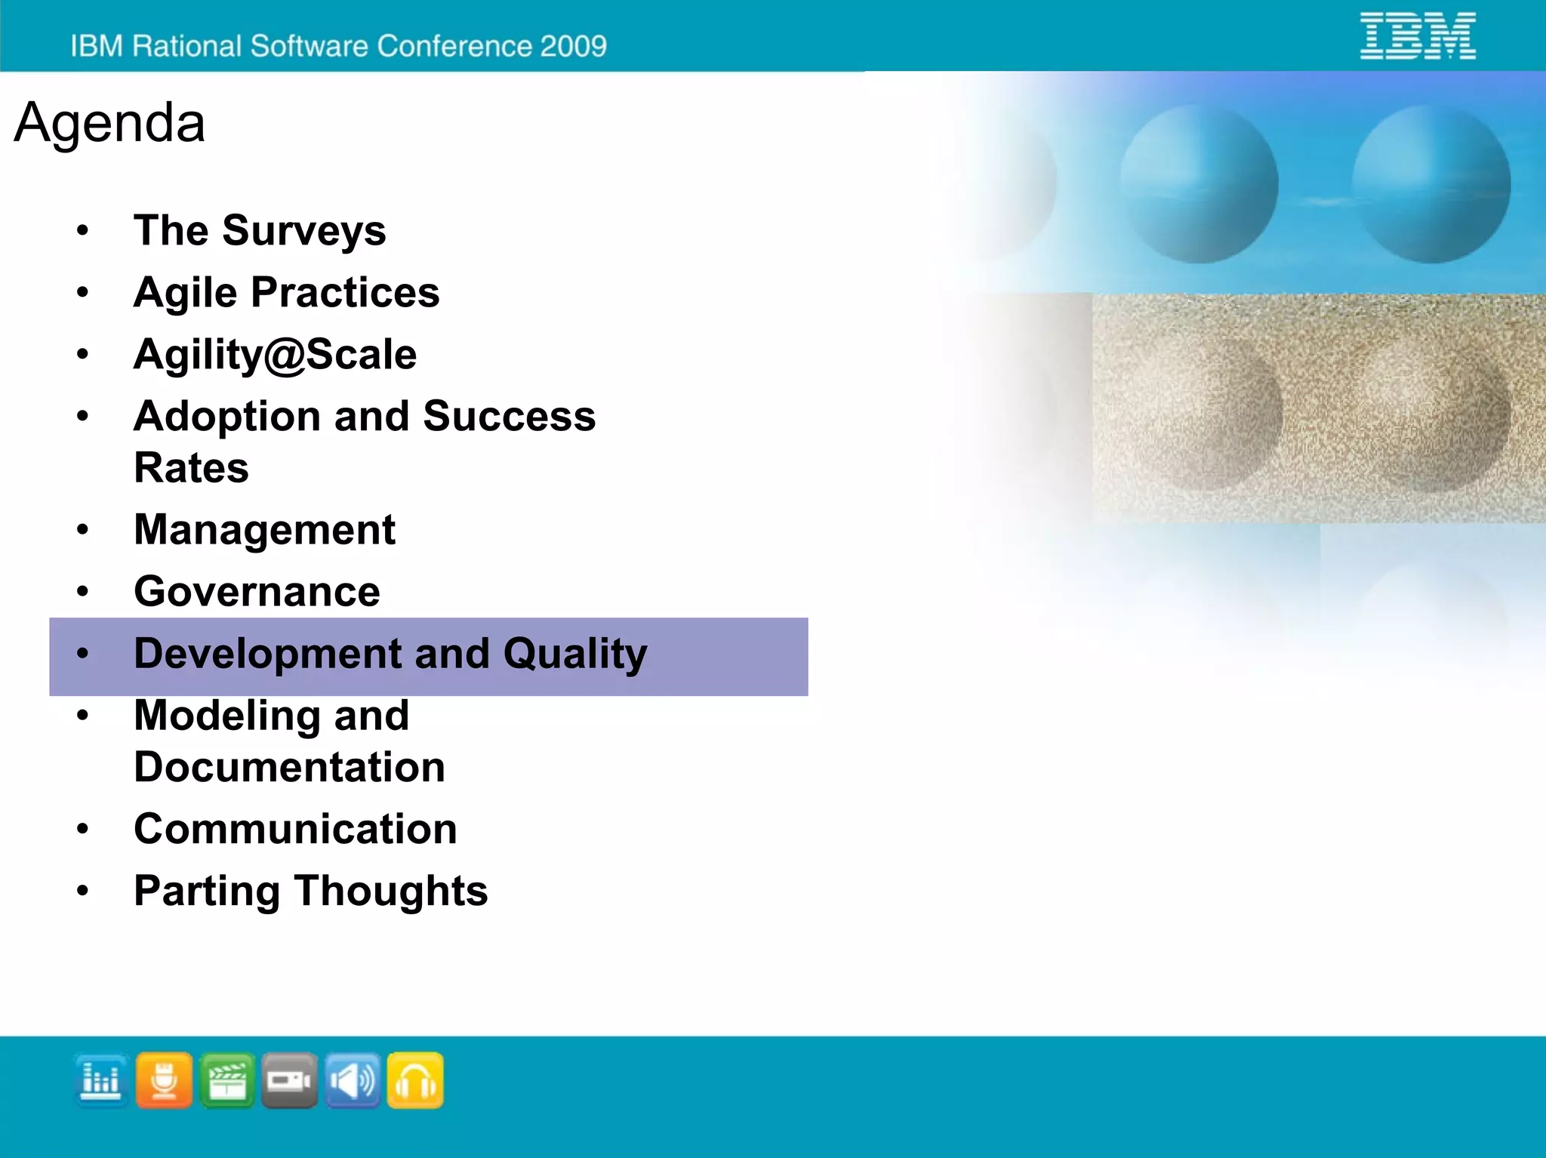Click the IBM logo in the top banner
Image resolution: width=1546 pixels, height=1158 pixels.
pyautogui.click(x=1417, y=35)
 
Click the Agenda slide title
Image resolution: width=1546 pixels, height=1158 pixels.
pyautogui.click(x=109, y=122)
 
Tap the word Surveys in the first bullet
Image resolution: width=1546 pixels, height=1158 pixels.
pyautogui.click(x=303, y=230)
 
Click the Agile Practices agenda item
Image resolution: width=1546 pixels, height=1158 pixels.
pyautogui.click(x=286, y=293)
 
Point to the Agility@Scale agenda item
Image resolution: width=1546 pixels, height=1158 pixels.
pyautogui.click(x=275, y=355)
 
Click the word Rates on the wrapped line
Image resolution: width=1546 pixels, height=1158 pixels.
pyautogui.click(x=191, y=468)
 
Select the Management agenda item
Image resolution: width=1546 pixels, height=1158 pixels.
pyautogui.click(x=264, y=530)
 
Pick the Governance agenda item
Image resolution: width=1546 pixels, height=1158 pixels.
pyautogui.click(x=257, y=592)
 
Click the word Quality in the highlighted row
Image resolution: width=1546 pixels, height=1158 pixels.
pyautogui.click(x=575, y=654)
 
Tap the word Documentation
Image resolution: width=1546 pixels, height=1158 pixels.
pyautogui.click(x=289, y=768)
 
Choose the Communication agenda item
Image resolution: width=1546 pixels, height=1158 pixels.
pyautogui.click(x=295, y=830)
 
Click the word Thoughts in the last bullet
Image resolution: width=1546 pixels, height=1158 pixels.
pyautogui.click(x=391, y=892)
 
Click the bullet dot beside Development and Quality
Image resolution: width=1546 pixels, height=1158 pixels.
pyautogui.click(x=83, y=654)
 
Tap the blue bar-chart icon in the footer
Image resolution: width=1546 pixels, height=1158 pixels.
pyautogui.click(x=101, y=1081)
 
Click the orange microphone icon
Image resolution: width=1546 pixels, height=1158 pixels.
pyautogui.click(x=164, y=1081)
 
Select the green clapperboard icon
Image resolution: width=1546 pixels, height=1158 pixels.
pyautogui.click(x=227, y=1081)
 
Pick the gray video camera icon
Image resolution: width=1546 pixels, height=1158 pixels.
pyautogui.click(x=290, y=1081)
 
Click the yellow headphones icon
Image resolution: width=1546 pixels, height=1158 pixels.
pyautogui.click(x=415, y=1081)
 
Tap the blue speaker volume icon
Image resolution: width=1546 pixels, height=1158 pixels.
pyautogui.click(x=353, y=1081)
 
